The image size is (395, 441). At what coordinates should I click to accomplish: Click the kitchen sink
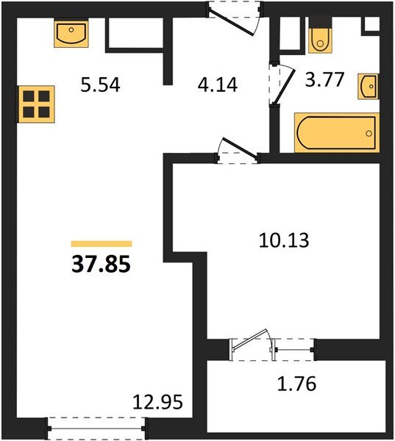(x=71, y=34)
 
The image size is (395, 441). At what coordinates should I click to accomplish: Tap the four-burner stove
(x=36, y=104)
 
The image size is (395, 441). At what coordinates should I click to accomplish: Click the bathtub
(x=335, y=132)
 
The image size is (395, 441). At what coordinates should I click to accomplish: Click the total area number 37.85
(x=101, y=264)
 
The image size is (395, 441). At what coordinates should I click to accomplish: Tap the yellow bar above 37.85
(x=102, y=243)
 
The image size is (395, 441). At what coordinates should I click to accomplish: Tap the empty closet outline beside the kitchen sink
(x=135, y=32)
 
